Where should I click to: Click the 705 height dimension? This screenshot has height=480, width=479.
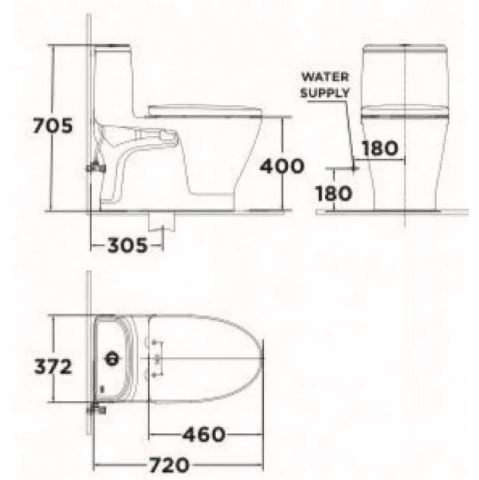[x=53, y=126]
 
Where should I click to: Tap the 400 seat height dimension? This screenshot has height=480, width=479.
[x=282, y=166]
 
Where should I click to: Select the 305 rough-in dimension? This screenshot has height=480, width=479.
[x=127, y=246]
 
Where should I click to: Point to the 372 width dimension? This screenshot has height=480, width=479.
[x=53, y=367]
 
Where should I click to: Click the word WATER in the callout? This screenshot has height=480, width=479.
[x=325, y=77]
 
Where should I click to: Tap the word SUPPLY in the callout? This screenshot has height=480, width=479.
[x=325, y=93]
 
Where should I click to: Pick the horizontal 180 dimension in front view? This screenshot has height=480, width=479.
[x=379, y=148]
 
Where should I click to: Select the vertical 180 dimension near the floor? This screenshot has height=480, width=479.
[x=334, y=193]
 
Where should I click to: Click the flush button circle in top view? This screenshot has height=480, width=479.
[x=112, y=358]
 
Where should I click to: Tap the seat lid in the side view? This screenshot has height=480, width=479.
[x=205, y=109]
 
